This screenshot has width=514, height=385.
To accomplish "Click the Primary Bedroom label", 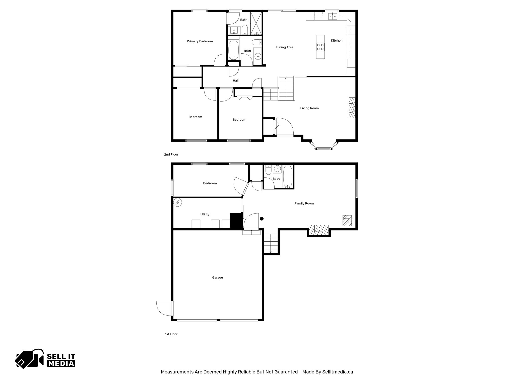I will click(200, 41).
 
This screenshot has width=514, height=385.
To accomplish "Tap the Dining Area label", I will click(285, 47).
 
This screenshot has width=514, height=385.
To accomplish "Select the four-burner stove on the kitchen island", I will click(320, 47).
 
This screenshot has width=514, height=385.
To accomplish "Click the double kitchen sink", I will click(333, 17).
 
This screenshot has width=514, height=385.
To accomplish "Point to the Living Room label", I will click(309, 108).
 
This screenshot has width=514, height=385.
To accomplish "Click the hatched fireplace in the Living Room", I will click(352, 108).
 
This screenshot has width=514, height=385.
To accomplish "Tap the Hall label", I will click(235, 80).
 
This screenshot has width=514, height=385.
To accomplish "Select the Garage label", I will click(217, 277).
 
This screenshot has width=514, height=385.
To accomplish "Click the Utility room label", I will click(205, 214).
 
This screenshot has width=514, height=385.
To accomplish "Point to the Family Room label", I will click(304, 203).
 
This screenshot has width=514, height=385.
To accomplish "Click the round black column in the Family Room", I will click(262, 219).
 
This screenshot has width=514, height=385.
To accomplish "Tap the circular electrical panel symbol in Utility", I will click(177, 202).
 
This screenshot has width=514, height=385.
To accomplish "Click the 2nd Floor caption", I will click(171, 154).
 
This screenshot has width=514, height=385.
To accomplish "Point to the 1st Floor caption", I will click(171, 334).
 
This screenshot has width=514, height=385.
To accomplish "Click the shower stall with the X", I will click(256, 23).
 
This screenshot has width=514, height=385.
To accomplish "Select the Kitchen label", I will click(337, 40).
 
